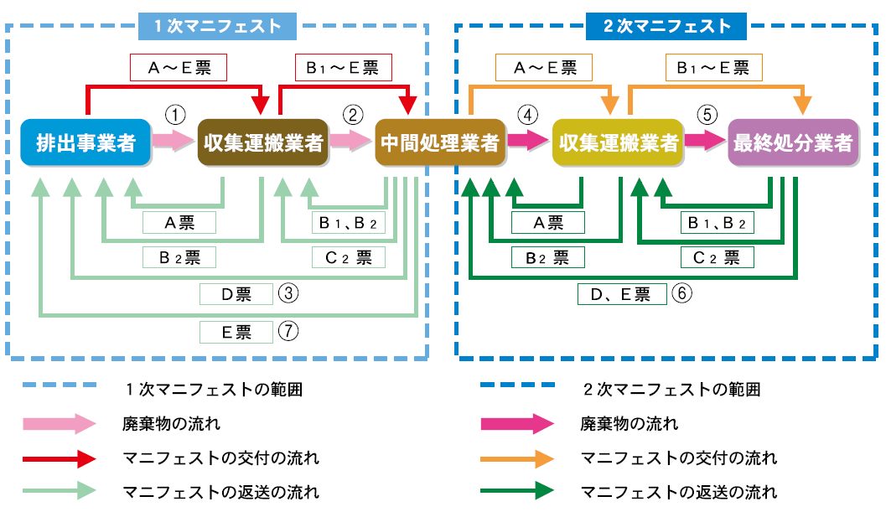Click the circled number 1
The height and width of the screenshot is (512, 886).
click(174, 115)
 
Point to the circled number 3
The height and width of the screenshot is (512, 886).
click(288, 293)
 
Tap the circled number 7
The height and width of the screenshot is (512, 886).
click(288, 331)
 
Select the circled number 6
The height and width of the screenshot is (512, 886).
click(681, 293)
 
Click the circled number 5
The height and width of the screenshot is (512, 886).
click(705, 115)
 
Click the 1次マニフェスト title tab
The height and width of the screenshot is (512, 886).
click(217, 26)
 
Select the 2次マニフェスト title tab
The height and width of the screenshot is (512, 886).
click(667, 26)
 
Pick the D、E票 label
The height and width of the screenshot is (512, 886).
click(621, 294)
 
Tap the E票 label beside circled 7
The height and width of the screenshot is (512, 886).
click(236, 332)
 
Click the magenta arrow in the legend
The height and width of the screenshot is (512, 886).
click(517, 424)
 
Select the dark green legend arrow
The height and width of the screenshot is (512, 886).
click(517, 491)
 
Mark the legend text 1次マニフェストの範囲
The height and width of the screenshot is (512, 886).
click(213, 390)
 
